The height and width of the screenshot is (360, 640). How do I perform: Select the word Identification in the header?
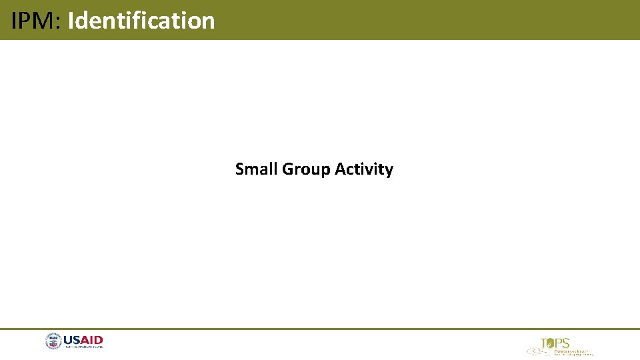point(141,21)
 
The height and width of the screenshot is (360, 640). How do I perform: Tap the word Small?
point(257,169)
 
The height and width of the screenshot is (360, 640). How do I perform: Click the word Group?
point(306,170)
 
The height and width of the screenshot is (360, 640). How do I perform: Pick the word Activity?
point(363,170)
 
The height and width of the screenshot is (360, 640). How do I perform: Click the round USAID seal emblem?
point(53,342)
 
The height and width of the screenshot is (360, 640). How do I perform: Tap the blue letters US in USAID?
point(72,340)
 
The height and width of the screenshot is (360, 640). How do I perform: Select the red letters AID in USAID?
point(93,340)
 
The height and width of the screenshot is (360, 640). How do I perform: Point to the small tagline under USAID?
point(83,347)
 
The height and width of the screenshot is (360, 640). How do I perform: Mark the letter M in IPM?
point(48,21)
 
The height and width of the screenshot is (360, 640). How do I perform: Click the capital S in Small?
point(239,169)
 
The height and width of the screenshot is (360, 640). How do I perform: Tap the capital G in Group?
point(287,169)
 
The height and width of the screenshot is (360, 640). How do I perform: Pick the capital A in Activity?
point(340,169)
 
